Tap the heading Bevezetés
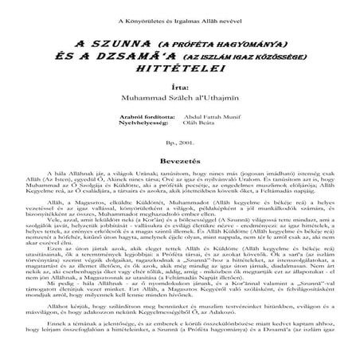coord(181,159)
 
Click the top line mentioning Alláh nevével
coord(181,20)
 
